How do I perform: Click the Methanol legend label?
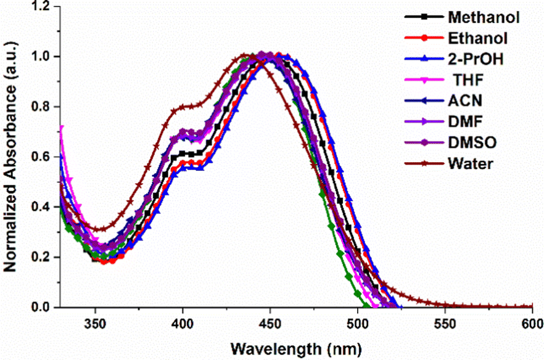point(482,16)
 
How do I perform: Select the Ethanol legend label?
point(478,38)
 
